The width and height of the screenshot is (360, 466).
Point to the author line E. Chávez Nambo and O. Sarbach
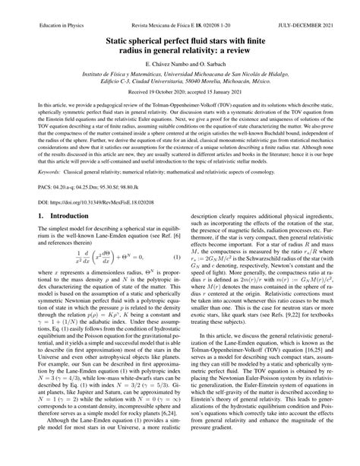tap(179, 69)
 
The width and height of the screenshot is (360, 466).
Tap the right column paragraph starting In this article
tap(268, 403)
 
